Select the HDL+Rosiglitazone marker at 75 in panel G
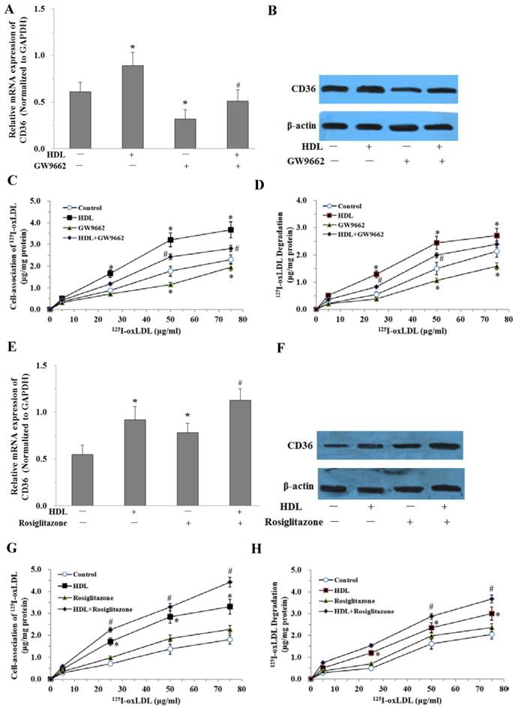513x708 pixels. [230, 581]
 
